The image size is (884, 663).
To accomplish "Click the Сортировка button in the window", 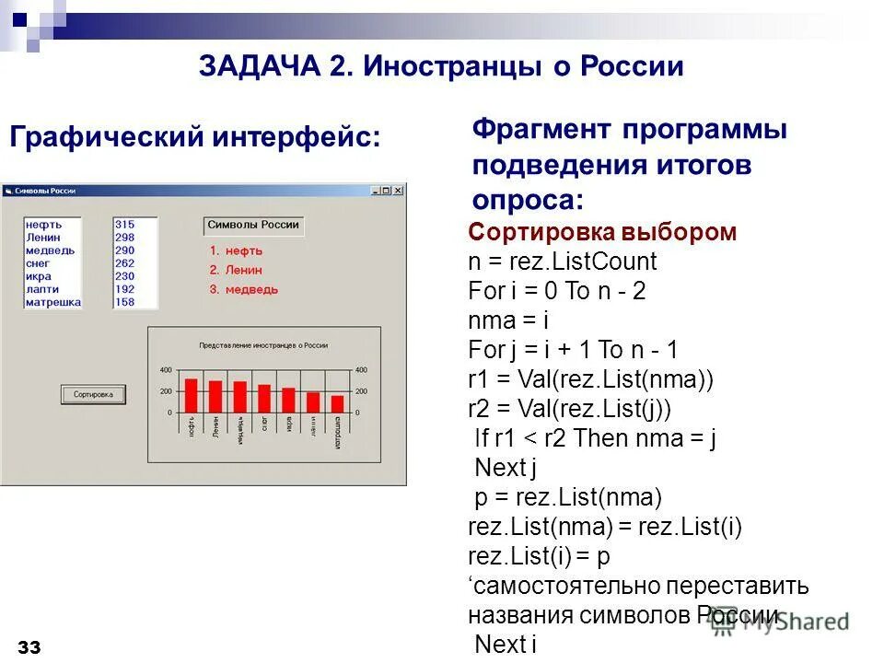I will [93, 394].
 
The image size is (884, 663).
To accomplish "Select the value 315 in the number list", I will [124, 224].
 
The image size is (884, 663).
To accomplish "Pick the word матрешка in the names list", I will [53, 302].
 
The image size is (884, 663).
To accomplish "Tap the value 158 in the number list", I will [124, 302].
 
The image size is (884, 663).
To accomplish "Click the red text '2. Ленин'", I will [236, 270].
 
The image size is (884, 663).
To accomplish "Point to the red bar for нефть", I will [192, 395].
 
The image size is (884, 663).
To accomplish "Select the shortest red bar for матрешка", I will [337, 403].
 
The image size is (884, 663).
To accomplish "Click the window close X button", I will [399, 191].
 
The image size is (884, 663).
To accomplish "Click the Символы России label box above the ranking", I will [253, 226].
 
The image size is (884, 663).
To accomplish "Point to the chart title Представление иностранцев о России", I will [263, 345].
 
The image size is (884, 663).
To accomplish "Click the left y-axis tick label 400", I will [166, 370].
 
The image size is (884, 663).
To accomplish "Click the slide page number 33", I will [29, 648].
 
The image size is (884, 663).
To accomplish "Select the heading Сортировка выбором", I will [602, 232].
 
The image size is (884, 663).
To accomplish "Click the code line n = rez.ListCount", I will [562, 262].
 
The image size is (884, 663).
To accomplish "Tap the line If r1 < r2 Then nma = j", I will [595, 438].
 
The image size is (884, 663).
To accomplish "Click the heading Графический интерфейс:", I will [194, 138].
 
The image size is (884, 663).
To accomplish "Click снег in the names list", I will [39, 263].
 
